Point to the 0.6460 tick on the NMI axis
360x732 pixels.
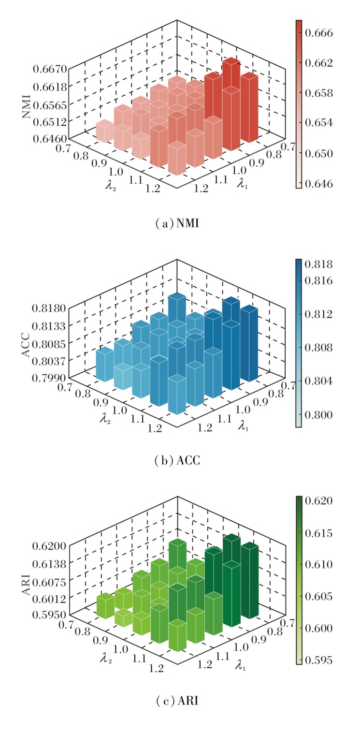pyautogui.click(x=49, y=138)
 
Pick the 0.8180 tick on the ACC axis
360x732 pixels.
pyautogui.click(x=49, y=308)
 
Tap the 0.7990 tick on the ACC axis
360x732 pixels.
pyautogui.click(x=49, y=377)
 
